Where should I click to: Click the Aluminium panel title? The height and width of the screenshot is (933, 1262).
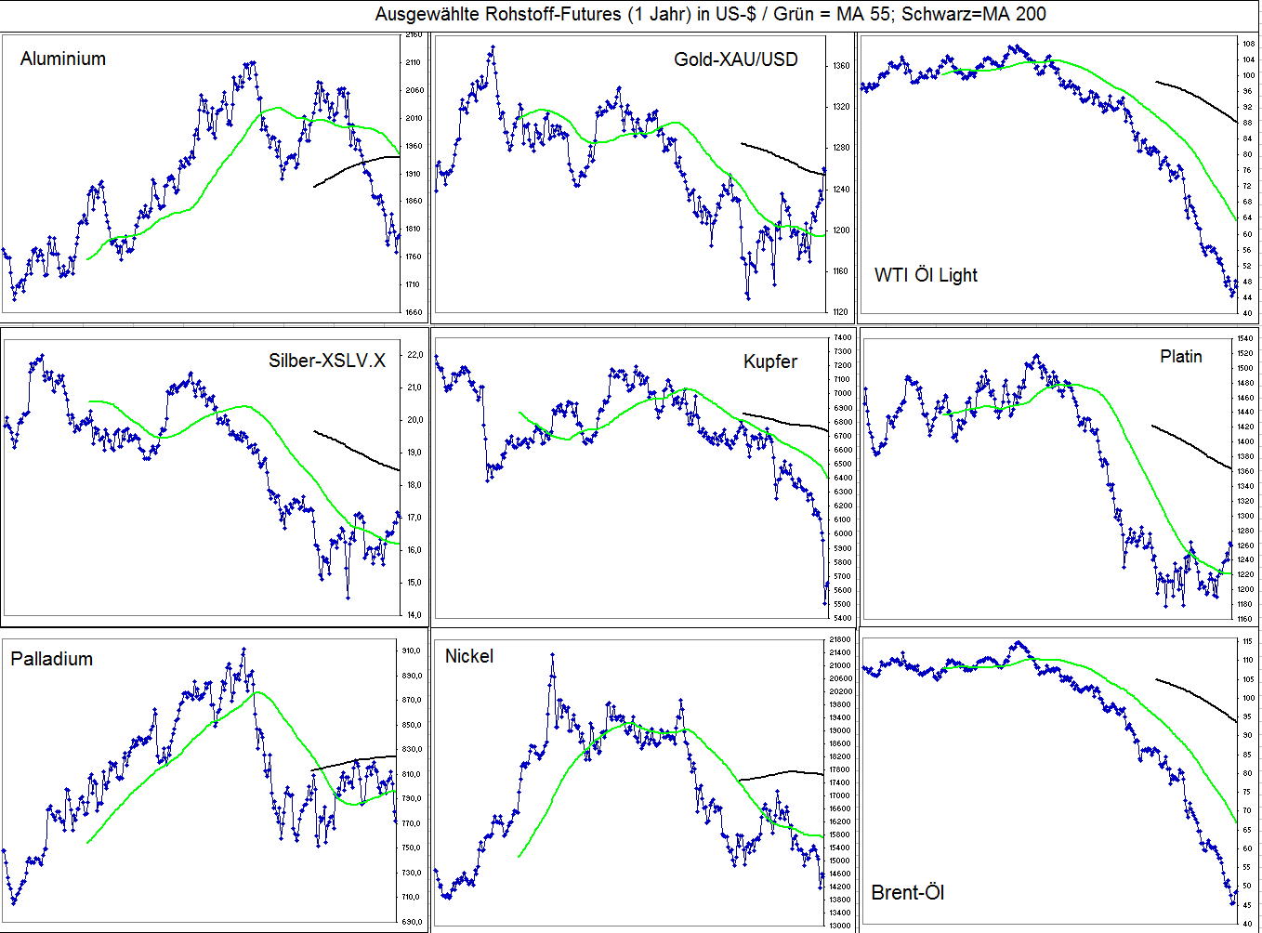tap(63, 59)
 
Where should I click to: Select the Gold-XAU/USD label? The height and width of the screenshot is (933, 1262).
tap(735, 59)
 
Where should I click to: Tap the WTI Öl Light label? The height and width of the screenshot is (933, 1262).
tap(926, 275)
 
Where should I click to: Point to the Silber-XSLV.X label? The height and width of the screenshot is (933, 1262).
tap(326, 361)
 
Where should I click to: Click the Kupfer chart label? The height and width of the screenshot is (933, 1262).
tap(769, 361)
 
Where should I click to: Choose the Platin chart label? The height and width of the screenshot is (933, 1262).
tap(1180, 357)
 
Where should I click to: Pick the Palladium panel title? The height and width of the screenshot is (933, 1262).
tap(52, 659)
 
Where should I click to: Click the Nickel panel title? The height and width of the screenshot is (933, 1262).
tap(469, 656)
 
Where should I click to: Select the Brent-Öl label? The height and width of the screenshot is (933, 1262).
tap(908, 893)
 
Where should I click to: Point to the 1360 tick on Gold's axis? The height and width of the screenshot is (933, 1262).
tap(842, 66)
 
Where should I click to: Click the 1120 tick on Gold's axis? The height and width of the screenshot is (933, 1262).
tap(842, 312)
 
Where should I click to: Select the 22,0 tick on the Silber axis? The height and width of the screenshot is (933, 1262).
tap(414, 355)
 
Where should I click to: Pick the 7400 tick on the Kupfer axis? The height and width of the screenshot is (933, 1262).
tap(842, 337)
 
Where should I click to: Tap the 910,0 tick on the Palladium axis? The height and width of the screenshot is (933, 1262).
tap(411, 650)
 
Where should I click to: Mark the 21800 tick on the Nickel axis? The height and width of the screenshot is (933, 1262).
tap(840, 640)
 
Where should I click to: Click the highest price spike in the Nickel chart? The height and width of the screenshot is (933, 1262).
tap(552, 654)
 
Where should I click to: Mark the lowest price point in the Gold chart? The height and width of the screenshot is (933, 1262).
tap(748, 297)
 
